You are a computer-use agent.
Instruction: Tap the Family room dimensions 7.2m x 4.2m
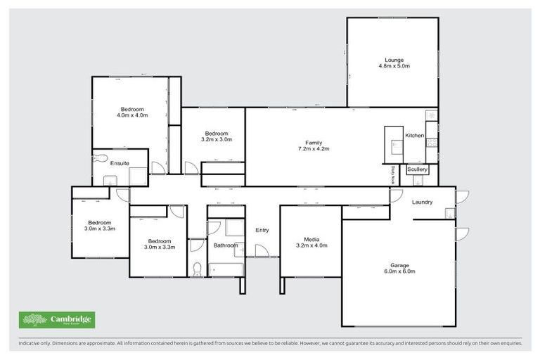[x=313, y=149]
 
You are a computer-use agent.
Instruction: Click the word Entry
[x=262, y=230]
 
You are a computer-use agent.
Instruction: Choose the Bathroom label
[x=225, y=245]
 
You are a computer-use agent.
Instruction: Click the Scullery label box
[x=417, y=169]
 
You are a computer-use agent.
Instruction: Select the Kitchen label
[x=414, y=135]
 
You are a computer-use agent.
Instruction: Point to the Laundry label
[x=423, y=202]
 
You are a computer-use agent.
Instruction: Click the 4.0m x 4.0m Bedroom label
[x=131, y=109]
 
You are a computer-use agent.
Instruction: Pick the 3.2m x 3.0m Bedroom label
[x=217, y=134]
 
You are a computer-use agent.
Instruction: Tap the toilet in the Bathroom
[x=197, y=269]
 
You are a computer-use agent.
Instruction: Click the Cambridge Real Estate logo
[x=57, y=320]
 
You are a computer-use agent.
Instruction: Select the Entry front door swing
[x=262, y=250]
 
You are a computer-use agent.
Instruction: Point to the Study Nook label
[x=392, y=174]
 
